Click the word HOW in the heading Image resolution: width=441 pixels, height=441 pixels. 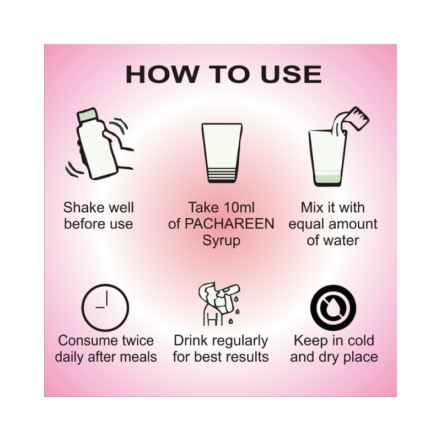(162, 74)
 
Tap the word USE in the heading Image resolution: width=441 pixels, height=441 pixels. (291, 74)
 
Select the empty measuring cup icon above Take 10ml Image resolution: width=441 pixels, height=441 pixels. (222, 153)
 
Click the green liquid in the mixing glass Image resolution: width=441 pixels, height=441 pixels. (328, 178)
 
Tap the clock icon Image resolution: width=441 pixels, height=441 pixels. (105, 308)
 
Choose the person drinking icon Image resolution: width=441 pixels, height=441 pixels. (219, 305)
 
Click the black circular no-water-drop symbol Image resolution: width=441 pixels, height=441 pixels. (334, 308)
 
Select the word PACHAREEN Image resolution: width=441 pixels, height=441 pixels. (229, 224)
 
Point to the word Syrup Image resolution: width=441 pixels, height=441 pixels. (222, 241)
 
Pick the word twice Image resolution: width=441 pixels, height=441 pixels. (138, 341)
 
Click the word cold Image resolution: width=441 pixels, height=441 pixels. (361, 341)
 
